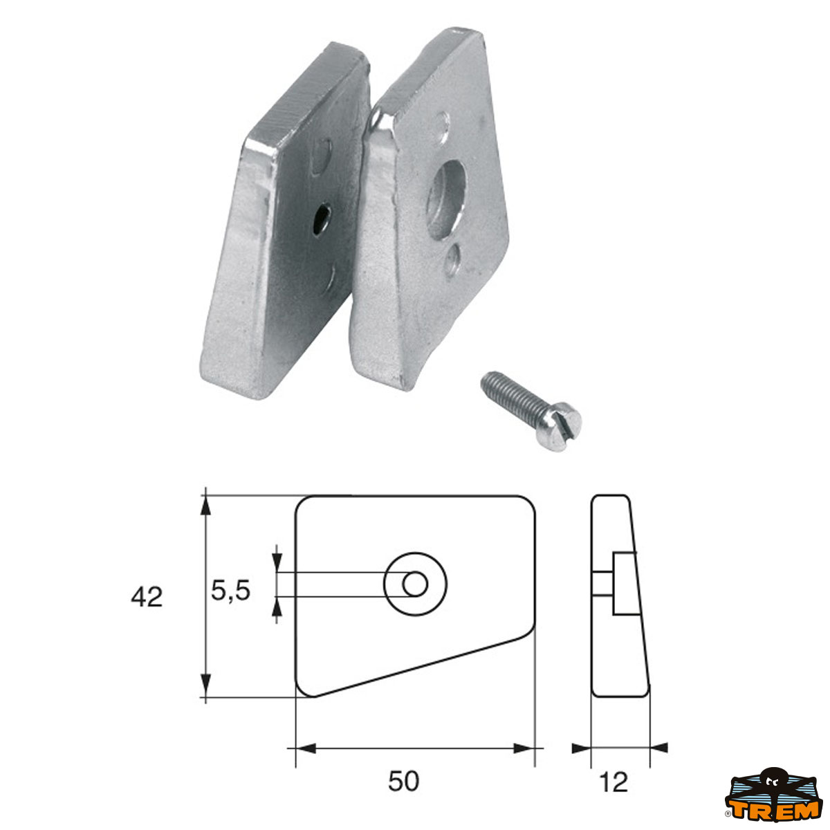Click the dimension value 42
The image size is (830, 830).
[x=147, y=596]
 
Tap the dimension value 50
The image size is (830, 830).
[x=403, y=782]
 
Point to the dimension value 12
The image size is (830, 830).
[x=614, y=782]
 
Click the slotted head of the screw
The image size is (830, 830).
[x=563, y=422]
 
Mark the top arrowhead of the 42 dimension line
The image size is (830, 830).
[x=205, y=505]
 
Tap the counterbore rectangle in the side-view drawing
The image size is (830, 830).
[x=621, y=584]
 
